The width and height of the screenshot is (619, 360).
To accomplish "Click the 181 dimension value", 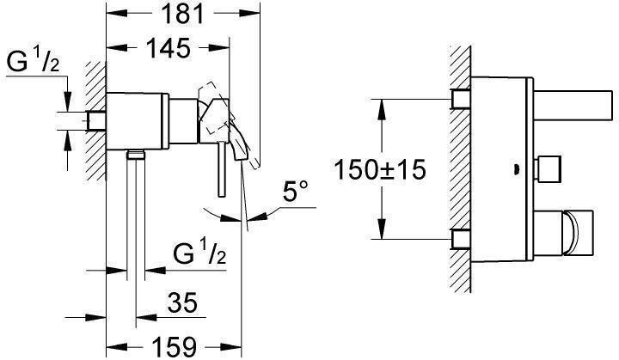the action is point(183,14).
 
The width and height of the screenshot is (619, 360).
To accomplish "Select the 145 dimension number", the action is point(169,48).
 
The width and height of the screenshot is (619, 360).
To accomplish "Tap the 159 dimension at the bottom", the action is point(174,346).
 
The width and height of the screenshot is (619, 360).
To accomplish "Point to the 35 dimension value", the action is point(182,303).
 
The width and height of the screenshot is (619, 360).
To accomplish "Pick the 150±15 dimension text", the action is point(380,170).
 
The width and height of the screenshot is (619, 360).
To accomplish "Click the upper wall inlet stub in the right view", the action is point(462,99).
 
